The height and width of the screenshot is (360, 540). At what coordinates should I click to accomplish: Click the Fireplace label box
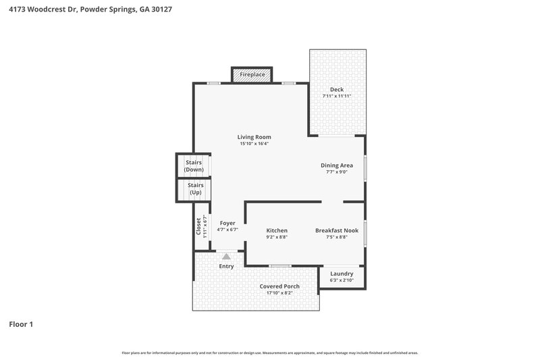[252, 74]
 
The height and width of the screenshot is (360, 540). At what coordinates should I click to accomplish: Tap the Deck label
[337, 90]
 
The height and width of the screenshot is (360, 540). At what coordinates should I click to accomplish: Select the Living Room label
[254, 137]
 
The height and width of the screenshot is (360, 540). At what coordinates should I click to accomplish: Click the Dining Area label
[336, 165]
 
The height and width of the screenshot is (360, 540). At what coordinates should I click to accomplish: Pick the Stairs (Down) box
[194, 165]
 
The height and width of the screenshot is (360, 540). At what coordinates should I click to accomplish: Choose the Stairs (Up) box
[195, 188]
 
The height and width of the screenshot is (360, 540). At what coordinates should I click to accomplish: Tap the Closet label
[198, 226]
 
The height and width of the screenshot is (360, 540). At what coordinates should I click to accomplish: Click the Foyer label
[227, 223]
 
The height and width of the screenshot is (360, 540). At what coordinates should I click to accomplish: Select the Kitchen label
[277, 230]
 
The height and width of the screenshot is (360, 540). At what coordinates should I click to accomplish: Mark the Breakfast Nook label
[336, 230]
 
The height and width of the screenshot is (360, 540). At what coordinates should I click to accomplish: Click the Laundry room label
[342, 274]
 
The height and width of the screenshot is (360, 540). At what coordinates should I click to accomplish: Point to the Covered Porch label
[279, 286]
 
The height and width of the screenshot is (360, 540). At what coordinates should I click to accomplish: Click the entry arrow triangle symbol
[226, 257]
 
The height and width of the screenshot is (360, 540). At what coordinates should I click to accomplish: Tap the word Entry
[226, 266]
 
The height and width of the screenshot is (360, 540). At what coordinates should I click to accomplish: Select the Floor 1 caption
[21, 325]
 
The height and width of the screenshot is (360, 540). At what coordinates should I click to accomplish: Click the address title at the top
[85, 10]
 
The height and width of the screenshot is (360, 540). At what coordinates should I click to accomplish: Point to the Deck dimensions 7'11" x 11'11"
[337, 97]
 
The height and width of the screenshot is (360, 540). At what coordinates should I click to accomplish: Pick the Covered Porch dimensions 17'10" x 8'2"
[279, 293]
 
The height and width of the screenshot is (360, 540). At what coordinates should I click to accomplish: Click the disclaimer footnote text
[269, 353]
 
